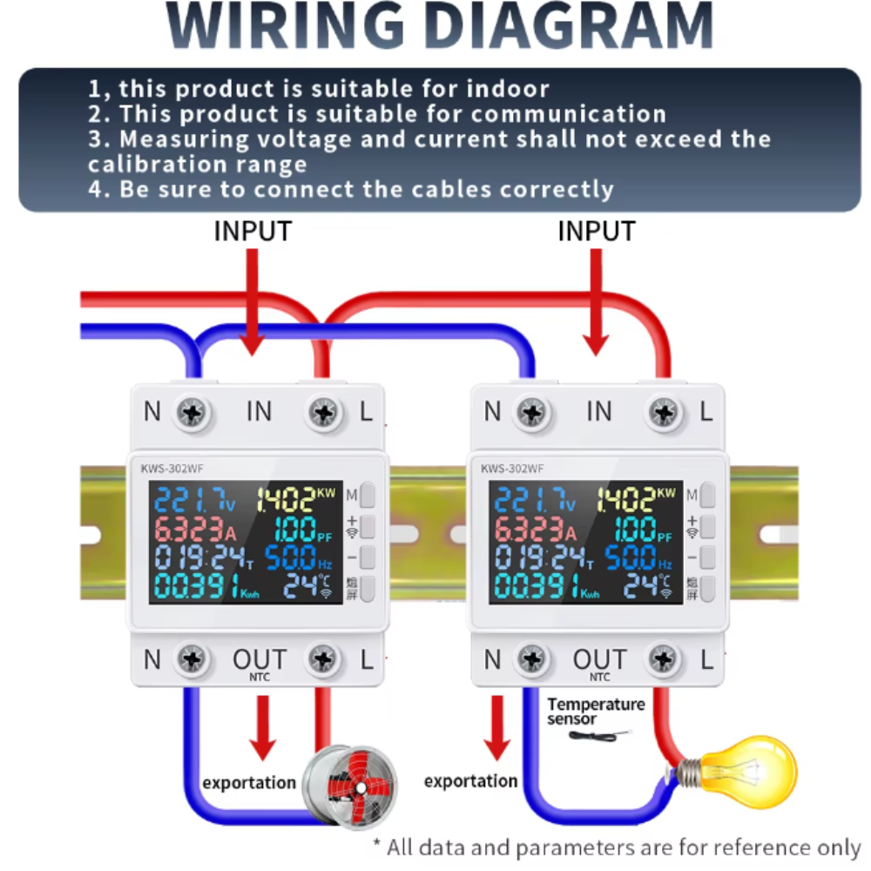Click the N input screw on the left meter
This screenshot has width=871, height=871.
(192, 413)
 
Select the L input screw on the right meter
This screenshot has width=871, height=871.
(663, 413)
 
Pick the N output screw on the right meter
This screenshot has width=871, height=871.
(532, 659)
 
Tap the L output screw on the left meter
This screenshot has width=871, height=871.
(323, 659)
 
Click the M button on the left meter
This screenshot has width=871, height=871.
(368, 495)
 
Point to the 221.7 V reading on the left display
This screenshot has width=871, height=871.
(195, 499)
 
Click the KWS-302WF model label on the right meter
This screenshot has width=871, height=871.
(512, 469)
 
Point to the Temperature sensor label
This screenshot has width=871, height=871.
(596, 712)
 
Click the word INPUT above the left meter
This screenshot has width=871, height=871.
(253, 231)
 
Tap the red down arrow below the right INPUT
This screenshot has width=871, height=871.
(596, 302)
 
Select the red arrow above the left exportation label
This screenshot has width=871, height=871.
(263, 727)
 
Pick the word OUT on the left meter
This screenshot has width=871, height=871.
(260, 659)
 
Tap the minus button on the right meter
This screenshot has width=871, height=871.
(707, 557)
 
